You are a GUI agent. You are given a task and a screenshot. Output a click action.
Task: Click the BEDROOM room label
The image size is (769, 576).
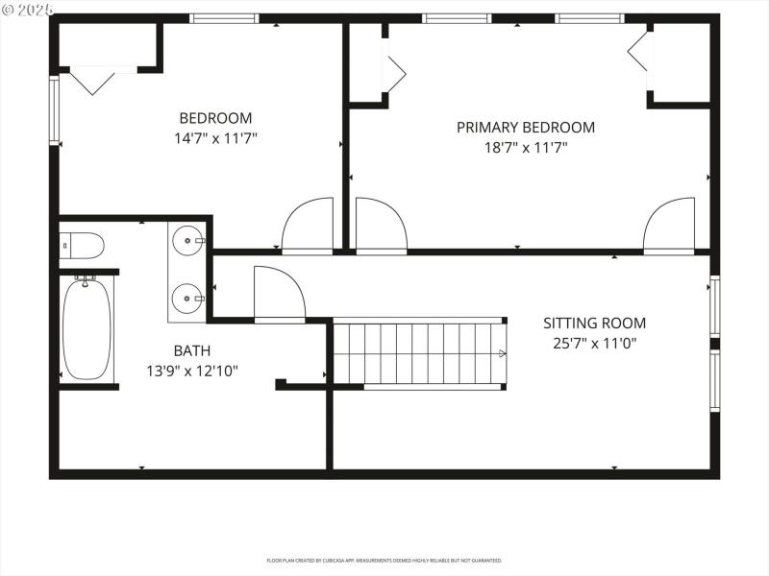coord(215,118)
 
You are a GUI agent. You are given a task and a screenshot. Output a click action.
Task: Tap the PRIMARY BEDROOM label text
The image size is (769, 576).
coord(525,127)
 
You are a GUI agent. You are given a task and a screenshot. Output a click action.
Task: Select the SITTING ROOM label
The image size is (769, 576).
coord(594,324)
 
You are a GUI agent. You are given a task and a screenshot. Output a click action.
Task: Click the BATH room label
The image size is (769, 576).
coord(191,351)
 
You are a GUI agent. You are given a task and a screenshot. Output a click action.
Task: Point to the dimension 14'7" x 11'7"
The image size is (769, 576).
coord(215,138)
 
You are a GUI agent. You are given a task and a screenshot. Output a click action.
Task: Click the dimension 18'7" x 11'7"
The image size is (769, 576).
coord(525,148)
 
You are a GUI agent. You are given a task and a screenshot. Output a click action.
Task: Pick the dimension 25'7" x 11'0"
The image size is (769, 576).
coord(594,343)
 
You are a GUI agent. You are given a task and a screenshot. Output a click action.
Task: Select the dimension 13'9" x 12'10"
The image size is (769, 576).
coord(191,371)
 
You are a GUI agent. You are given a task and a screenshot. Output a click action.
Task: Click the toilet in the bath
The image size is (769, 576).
coord(81,246)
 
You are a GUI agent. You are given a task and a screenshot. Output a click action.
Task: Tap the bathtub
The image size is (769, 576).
coord(87,326)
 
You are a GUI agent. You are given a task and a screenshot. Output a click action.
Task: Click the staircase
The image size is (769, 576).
coord(418,353)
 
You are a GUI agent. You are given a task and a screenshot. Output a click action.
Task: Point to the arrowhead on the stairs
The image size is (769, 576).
coord(501,353)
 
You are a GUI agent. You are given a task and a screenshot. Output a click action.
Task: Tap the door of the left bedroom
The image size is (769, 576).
coord(309,226)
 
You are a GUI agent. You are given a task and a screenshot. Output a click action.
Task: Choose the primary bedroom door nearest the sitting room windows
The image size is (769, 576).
coord(669,226)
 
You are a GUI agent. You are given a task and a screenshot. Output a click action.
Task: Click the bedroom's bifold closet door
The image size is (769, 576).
coord(94,80)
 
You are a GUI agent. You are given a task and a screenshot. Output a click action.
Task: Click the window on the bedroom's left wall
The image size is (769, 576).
coord(55,109)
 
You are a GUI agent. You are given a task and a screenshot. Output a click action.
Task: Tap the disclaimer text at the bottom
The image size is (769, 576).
coord(384,560)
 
